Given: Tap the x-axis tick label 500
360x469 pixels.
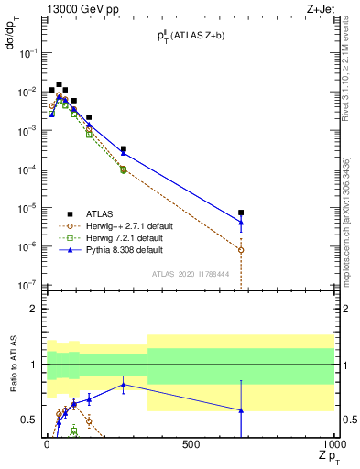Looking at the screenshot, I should [x=191, y=444].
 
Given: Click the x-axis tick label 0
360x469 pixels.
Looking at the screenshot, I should [x=47, y=444].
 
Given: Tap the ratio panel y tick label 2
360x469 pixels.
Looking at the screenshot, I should [x=32, y=309].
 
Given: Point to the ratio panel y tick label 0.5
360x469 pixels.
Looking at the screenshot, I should [x=29, y=420].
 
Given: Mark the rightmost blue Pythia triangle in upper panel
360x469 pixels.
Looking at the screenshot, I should [x=241, y=222].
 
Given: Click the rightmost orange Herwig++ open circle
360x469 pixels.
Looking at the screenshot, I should [x=241, y=250].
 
